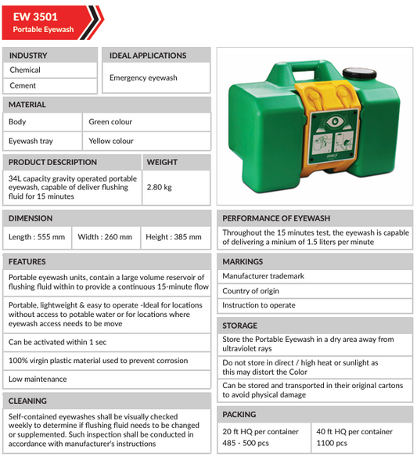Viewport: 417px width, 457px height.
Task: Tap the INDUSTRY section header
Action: pos(28,56)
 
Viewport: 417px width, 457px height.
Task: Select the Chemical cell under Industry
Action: pos(25,70)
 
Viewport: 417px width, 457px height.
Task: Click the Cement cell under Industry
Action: pos(23,86)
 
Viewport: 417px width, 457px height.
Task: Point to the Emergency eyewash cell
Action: pos(143,78)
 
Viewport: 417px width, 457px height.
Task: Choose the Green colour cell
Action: pos(110,122)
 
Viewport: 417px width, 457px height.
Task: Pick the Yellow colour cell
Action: pos(111,142)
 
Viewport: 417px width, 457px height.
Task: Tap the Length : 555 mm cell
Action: pos(37,237)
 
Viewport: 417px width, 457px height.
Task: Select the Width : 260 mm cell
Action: pos(105,237)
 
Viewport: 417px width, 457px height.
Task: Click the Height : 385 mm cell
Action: pos(173,237)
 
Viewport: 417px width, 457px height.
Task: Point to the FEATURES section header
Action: pos(27,261)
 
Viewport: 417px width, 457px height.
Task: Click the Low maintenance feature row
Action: pos(38,380)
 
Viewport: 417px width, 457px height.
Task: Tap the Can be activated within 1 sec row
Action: pos(58,342)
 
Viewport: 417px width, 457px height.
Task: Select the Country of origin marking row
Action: pos(250,291)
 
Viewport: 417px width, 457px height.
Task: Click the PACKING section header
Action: pos(239,415)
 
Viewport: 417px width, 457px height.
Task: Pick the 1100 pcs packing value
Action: pos(333,443)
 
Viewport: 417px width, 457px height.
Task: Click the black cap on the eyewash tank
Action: pos(360,74)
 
